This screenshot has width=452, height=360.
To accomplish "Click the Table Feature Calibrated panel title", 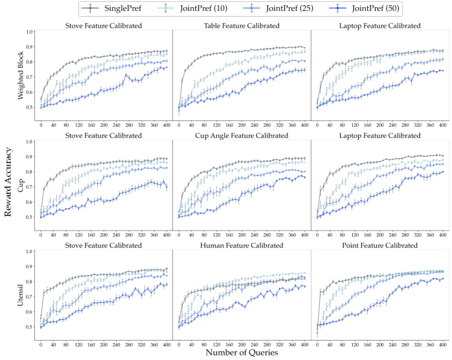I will (242, 26).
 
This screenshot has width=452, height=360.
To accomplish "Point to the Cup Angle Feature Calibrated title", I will (242, 135).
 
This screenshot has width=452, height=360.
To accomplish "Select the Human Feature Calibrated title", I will (242, 246).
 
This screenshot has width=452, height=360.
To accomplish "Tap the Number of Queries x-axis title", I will (242, 353).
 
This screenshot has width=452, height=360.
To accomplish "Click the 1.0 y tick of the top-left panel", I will (30, 31).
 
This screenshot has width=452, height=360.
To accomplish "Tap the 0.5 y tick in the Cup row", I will (30, 217).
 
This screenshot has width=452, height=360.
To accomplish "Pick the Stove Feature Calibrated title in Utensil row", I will (104, 246).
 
